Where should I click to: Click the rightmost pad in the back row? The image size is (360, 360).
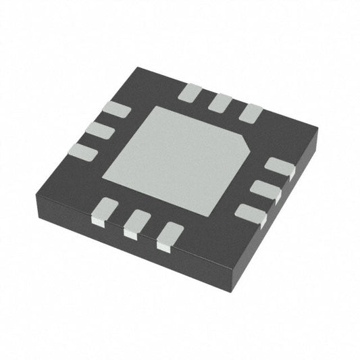pos(251,112)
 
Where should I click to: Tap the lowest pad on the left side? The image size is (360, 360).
pos(83,152)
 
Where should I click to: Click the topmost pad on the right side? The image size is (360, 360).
pos(278,166)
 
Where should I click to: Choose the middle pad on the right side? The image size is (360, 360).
pos(265,189)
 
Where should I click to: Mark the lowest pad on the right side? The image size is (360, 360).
pos(250,213)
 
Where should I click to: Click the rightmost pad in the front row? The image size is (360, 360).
pos(170,236)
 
